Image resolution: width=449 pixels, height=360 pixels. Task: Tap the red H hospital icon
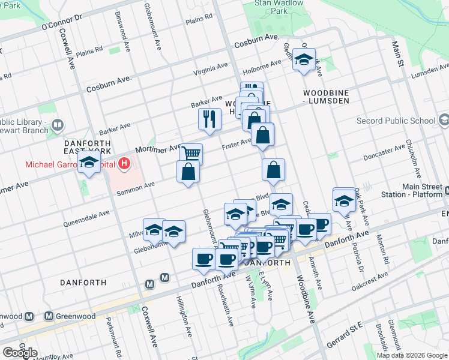click(x=124, y=162)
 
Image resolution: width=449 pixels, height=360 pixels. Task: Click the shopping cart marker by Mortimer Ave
click(x=191, y=154)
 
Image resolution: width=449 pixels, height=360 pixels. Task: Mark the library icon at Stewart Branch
click(x=58, y=125)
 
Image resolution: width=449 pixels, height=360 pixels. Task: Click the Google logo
click(x=20, y=353)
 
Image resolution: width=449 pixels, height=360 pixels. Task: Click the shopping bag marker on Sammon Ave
click(x=188, y=172)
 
